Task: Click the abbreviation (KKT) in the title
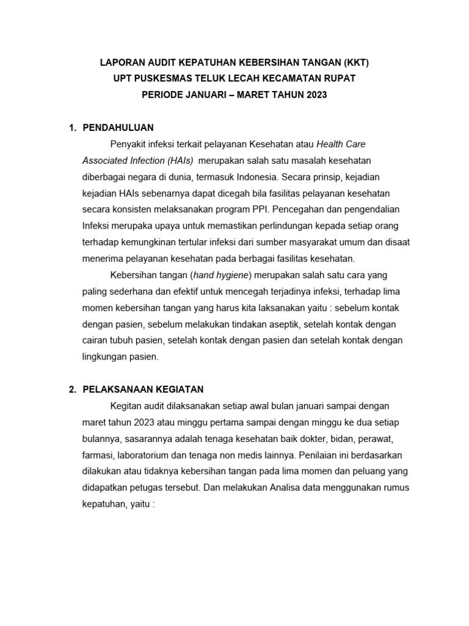[355, 62]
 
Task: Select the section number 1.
[71, 128]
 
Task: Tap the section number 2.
[71, 389]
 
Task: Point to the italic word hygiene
[232, 274]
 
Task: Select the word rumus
[394, 488]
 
